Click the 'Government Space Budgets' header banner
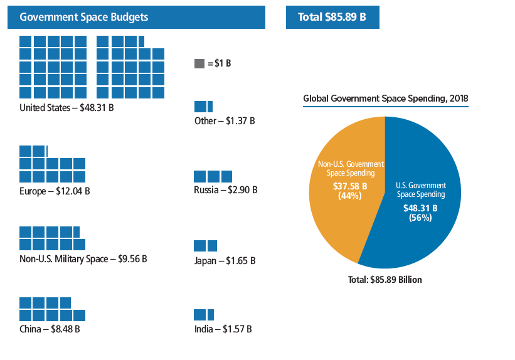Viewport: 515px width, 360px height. click(136, 17)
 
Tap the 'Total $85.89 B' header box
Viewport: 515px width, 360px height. click(332, 17)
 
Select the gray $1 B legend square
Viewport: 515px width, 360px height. click(199, 64)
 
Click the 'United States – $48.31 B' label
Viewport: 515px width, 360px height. click(66, 107)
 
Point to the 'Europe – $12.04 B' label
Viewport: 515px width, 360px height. click(55, 191)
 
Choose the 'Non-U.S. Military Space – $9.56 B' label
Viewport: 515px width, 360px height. click(83, 258)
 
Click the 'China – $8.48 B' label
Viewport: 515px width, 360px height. click(50, 329)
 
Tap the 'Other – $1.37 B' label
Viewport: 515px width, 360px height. click(225, 120)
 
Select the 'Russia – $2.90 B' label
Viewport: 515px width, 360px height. click(226, 189)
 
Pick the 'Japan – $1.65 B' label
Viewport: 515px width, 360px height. click(225, 260)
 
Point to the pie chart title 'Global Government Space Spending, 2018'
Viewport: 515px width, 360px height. click(386, 98)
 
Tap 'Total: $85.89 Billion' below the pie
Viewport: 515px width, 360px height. click(385, 280)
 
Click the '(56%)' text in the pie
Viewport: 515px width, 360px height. click(420, 218)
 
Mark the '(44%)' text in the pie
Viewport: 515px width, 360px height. click(351, 196)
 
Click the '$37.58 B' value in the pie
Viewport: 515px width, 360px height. click(351, 186)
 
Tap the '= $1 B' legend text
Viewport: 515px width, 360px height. click(219, 64)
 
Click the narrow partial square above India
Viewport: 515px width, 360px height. click(211, 314)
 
